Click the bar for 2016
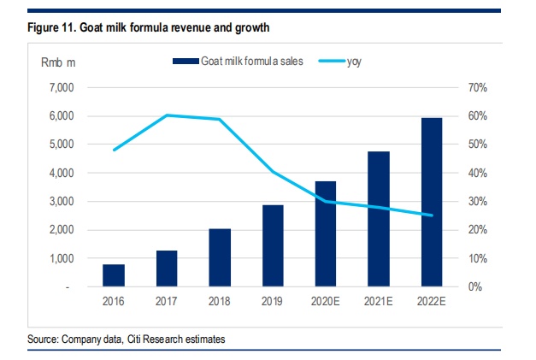[x=115, y=275]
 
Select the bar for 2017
[x=168, y=269]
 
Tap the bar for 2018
[x=220, y=257]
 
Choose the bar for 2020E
[x=325, y=233]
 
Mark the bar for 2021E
[x=378, y=219]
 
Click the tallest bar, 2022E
[x=431, y=202]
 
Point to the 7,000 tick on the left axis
[x=63, y=87]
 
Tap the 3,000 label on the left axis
[x=63, y=202]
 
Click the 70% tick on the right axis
[x=476, y=87]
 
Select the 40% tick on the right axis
[x=476, y=173]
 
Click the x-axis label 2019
[x=272, y=302]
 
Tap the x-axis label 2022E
[x=431, y=302]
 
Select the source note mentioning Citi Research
[x=127, y=339]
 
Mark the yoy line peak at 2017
[x=168, y=115]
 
